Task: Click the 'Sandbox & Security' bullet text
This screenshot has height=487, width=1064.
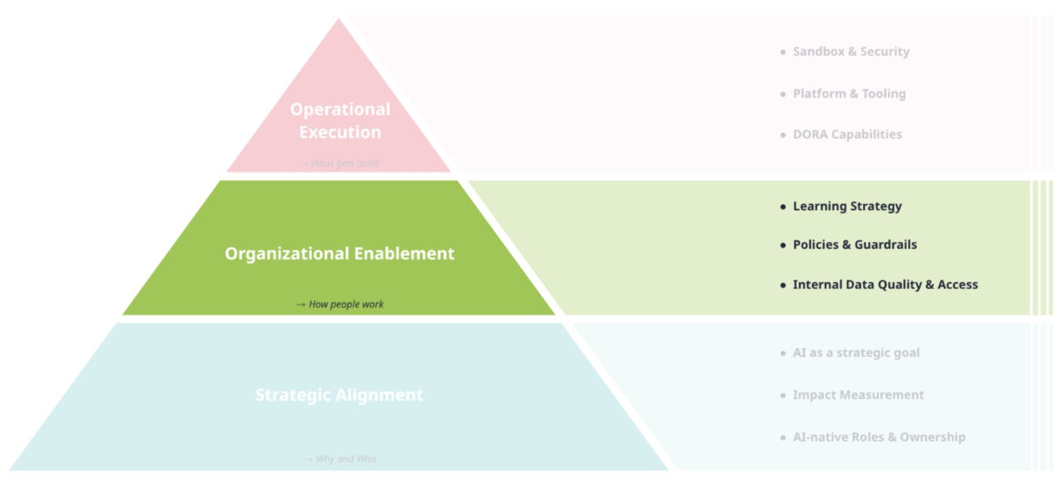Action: coord(851,52)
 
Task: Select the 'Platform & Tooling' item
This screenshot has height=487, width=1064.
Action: coord(849,94)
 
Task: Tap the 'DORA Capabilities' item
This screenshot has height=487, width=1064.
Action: coord(847,134)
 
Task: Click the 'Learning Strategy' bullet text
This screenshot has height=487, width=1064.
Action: coord(847,206)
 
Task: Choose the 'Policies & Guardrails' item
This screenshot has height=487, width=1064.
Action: coord(854,245)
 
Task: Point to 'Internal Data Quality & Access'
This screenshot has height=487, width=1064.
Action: coord(885,284)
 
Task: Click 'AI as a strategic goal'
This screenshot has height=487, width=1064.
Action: coord(855,353)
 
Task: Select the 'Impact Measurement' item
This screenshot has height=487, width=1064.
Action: coord(858,395)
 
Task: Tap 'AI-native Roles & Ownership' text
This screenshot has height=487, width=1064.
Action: coord(879,437)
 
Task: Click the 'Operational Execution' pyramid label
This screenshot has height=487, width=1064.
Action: coord(340,121)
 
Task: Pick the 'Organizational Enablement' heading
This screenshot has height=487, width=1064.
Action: coord(339,254)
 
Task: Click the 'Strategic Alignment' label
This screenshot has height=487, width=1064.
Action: coord(339,395)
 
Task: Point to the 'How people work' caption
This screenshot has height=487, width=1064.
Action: coord(346,304)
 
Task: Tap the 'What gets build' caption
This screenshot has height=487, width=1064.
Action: coord(344,164)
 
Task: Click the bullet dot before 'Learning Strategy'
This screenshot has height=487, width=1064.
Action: coord(783,206)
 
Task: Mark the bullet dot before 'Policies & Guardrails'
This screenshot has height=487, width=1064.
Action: coord(783,245)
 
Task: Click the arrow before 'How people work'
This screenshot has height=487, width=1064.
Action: coord(301,304)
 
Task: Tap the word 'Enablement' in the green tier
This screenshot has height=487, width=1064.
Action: coord(404,254)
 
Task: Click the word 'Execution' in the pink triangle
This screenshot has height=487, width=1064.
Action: coord(340,132)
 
